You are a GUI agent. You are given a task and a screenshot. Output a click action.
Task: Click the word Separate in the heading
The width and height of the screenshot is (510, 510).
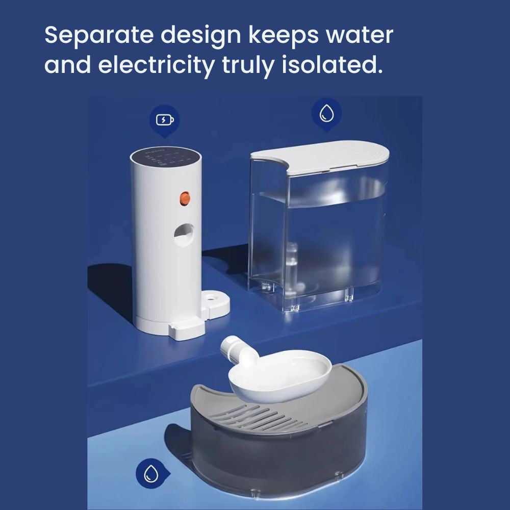click(x=99, y=35)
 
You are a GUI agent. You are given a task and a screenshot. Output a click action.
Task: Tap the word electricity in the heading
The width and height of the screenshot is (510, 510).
click(x=156, y=65)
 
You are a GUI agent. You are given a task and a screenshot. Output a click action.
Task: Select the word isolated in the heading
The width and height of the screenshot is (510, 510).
click(x=332, y=64)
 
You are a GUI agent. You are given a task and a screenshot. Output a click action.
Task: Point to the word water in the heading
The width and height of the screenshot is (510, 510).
click(x=360, y=35)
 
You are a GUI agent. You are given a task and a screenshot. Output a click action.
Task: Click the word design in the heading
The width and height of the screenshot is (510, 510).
click(x=200, y=36)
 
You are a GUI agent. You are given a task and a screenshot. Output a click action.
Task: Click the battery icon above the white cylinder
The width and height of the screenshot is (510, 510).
click(x=165, y=120)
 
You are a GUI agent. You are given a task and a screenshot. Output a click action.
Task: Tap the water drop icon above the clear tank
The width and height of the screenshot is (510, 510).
click(x=326, y=114)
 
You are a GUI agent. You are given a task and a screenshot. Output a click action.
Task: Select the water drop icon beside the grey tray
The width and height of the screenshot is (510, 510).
click(x=151, y=473)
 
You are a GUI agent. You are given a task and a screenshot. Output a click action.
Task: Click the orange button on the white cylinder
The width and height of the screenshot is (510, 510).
click(x=185, y=198)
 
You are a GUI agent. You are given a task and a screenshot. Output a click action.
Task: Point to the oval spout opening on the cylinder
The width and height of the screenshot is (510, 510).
click(x=184, y=234)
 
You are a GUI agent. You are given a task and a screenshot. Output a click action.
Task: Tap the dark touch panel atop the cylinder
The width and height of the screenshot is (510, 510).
click(x=166, y=157)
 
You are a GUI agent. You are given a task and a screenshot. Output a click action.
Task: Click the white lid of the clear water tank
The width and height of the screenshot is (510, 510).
click(x=320, y=157)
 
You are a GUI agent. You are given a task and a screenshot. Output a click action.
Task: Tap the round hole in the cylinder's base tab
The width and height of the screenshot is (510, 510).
click(x=212, y=297)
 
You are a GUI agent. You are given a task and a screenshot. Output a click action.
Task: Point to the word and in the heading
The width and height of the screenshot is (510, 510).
click(x=68, y=64)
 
